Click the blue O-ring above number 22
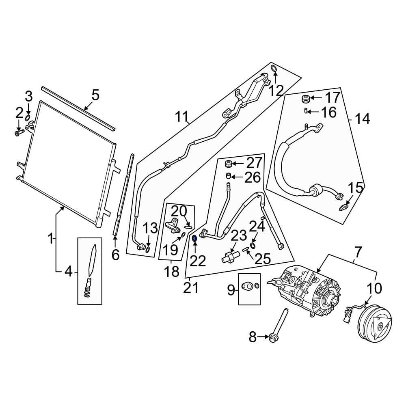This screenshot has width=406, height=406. click(x=194, y=238)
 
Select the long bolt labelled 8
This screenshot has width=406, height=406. click(x=279, y=325)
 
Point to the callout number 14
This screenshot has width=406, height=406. click(x=362, y=119)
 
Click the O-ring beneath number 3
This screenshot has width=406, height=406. click(x=28, y=118)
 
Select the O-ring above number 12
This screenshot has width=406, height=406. click(x=273, y=69)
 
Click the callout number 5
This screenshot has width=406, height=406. click(x=95, y=96)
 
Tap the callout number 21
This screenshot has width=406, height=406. click(x=191, y=288)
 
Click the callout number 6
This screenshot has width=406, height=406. click(x=115, y=255)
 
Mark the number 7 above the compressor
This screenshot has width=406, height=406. click(x=357, y=252)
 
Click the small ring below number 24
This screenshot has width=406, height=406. click(x=253, y=246)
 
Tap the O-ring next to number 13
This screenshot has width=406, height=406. click(x=147, y=248)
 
